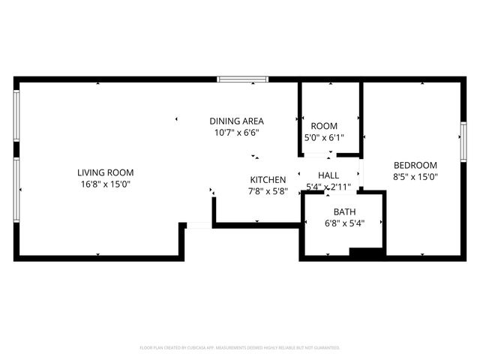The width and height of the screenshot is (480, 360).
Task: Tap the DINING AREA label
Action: [236, 121]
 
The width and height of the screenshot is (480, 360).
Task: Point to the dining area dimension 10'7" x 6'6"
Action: [236, 133]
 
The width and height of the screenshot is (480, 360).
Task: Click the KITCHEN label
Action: [268, 180]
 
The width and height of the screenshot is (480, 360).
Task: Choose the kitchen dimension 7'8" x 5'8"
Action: [268, 191]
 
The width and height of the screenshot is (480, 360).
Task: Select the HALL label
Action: [328, 175]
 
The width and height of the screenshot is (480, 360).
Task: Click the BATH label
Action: [344, 211]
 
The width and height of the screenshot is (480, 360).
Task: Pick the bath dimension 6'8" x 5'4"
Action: [344, 223]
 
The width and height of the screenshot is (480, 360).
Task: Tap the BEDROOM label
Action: [415, 165]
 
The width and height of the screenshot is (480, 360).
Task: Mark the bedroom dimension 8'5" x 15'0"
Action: [415, 177]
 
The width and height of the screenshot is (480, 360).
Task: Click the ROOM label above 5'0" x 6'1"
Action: [324, 126]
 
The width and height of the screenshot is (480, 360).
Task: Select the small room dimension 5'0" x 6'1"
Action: [324, 138]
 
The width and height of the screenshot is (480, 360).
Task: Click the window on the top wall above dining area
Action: [241, 79]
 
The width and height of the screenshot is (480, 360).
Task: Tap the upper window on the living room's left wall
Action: [16, 115]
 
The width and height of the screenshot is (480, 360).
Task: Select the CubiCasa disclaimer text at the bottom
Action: [240, 348]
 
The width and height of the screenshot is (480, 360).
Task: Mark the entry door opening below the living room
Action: [198, 225]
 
